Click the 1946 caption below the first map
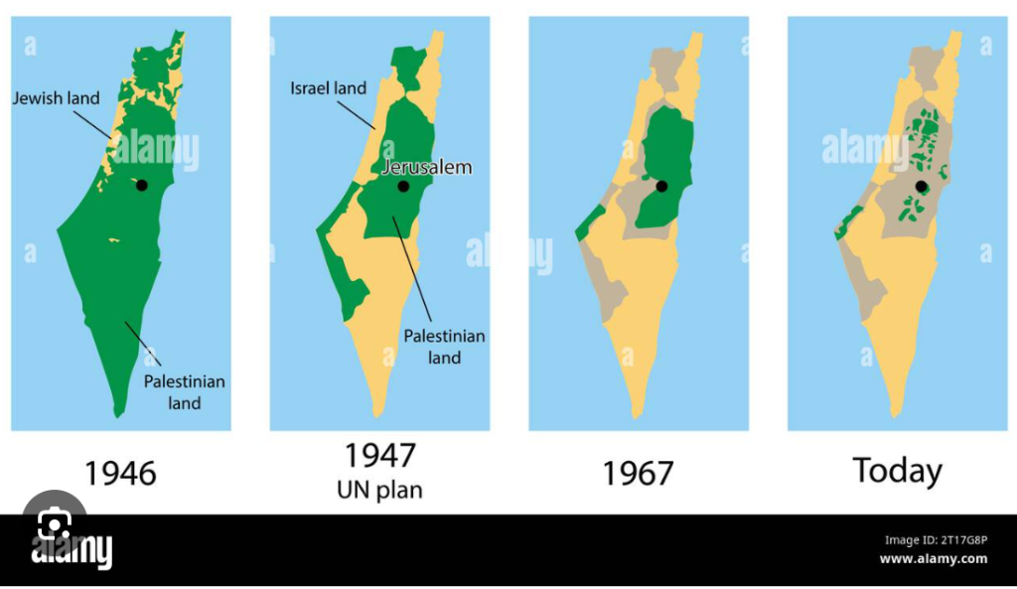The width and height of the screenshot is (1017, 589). pyautogui.click(x=120, y=473)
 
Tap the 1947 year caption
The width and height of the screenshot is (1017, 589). pyautogui.click(x=379, y=456)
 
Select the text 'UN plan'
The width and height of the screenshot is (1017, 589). pyautogui.click(x=380, y=491)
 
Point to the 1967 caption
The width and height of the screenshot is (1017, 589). pyautogui.click(x=638, y=473)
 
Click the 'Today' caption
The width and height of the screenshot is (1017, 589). pyautogui.click(x=897, y=471)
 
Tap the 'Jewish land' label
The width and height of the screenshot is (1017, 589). pyautogui.click(x=56, y=98)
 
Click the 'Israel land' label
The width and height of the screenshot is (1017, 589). pyautogui.click(x=328, y=88)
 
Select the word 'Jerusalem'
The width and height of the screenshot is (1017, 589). pyautogui.click(x=427, y=167)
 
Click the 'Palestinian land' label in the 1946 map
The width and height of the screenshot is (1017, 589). pyautogui.click(x=184, y=392)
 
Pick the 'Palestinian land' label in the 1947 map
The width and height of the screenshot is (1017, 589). pyautogui.click(x=443, y=347)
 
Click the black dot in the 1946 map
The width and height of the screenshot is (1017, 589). pyautogui.click(x=142, y=186)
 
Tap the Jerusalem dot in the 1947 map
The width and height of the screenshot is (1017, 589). pyautogui.click(x=402, y=186)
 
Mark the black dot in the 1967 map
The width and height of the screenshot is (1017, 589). pyautogui.click(x=661, y=186)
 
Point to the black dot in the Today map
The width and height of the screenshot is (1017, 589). pyautogui.click(x=921, y=186)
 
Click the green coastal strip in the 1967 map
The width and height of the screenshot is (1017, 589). pyautogui.click(x=588, y=223)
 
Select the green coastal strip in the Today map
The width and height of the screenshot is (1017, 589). pyautogui.click(x=847, y=223)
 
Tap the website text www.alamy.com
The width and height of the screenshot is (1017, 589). pyautogui.click(x=934, y=559)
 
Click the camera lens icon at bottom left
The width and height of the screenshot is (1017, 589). pyautogui.click(x=54, y=526)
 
